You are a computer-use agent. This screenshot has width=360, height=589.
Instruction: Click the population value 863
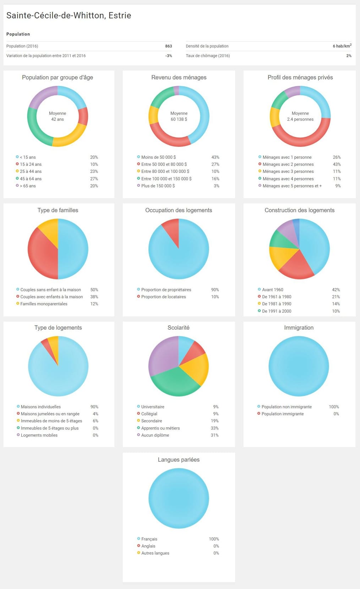pyautogui.click(x=168, y=46)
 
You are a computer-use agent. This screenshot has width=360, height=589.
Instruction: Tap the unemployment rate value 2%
pyautogui.click(x=349, y=56)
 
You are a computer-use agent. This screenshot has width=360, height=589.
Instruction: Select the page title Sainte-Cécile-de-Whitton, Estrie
pyautogui.click(x=69, y=15)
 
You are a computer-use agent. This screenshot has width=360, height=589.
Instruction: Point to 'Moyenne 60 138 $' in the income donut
pyautogui.click(x=179, y=116)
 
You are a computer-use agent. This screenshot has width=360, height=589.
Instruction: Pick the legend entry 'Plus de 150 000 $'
pyautogui.click(x=158, y=186)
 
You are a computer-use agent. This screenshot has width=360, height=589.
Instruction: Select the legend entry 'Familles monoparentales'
pyautogui.click(x=44, y=304)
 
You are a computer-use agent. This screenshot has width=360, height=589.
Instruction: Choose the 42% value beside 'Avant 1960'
pyautogui.click(x=336, y=290)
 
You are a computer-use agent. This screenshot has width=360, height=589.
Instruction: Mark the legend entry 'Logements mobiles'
pyautogui.click(x=39, y=435)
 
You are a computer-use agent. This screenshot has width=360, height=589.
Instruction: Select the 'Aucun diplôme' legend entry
pyautogui.click(x=155, y=435)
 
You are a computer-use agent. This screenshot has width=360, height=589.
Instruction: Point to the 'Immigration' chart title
pyautogui.click(x=299, y=328)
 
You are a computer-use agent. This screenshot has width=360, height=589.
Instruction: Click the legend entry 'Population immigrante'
pyautogui.click(x=282, y=414)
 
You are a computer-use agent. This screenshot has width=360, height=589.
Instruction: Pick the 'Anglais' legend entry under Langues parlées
pyautogui.click(x=148, y=546)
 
